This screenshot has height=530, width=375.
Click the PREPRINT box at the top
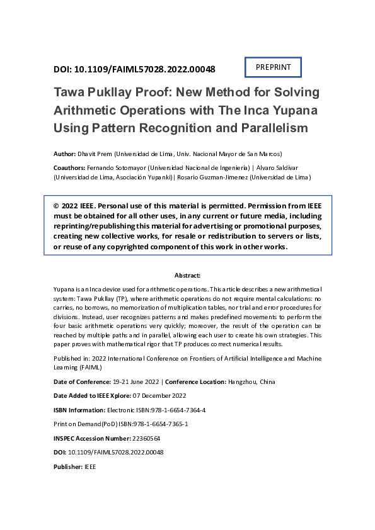click(273, 67)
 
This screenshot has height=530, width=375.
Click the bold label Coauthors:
click(71, 168)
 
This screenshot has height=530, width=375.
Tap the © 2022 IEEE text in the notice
click(74, 206)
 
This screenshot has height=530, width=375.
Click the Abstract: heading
click(187, 276)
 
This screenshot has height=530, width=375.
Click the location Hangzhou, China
click(251, 382)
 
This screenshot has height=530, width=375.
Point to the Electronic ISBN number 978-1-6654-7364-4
click(170, 410)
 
